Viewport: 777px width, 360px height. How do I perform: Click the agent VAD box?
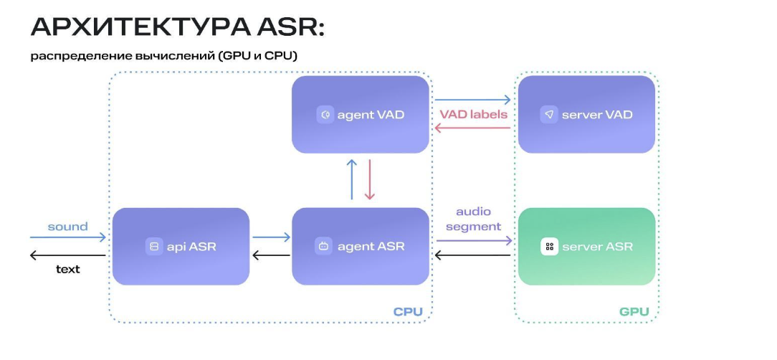pos(361,114)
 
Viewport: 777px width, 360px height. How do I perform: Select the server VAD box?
pos(586,114)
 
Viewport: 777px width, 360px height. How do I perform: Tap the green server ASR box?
pos(586,246)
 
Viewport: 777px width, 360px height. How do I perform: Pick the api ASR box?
pos(181,246)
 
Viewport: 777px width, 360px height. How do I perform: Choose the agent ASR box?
pos(361,246)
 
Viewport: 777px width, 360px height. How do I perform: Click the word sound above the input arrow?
pos(67,227)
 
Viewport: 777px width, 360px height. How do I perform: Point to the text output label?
pos(68,269)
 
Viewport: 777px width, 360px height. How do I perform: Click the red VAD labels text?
pos(473,114)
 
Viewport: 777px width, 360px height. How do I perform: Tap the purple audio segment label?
pos(473,219)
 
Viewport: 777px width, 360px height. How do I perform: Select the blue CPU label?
pos(408,312)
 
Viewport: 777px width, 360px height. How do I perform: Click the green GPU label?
pos(634,312)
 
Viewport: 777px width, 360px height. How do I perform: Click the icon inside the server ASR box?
pos(549,247)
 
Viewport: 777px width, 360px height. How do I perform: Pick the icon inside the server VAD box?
pos(549,115)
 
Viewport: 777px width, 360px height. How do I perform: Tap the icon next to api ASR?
pos(153,247)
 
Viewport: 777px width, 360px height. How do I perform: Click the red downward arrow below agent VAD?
pos(370,179)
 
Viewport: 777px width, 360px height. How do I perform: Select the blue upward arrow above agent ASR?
pos(351,179)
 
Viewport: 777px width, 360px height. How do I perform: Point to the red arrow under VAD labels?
pos(473,128)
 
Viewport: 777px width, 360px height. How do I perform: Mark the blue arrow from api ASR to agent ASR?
pos(271,237)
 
